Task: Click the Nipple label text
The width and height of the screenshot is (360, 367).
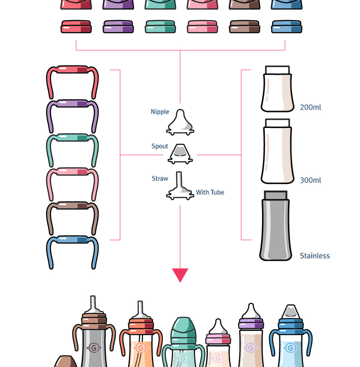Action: (160, 112)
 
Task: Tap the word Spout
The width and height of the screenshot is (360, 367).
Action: (160, 147)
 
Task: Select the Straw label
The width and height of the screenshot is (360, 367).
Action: (160, 179)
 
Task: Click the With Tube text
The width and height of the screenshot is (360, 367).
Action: (210, 193)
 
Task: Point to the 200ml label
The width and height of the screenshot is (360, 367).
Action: (310, 108)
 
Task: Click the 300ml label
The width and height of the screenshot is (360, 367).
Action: (310, 180)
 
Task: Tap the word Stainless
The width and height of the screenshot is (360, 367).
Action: (314, 256)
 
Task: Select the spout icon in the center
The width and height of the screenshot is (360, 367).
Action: (180, 154)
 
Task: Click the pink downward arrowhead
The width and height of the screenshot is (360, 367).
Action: (180, 275)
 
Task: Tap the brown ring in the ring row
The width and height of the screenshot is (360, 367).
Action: (245, 27)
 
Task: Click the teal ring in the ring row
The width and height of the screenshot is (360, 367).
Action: (160, 27)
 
